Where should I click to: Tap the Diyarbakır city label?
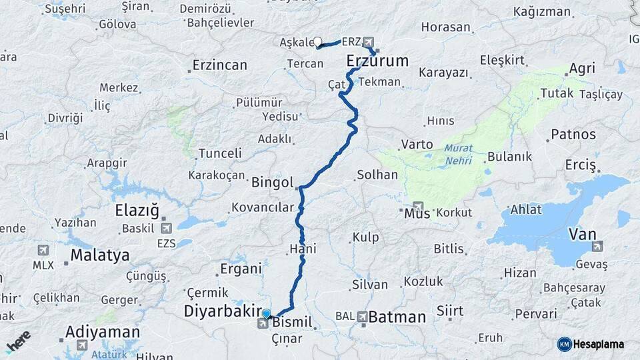point(222,311)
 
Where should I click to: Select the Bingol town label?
point(273,182)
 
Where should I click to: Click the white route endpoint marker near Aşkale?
point(318,42)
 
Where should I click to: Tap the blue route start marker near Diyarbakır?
point(267,314)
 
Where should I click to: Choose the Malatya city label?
point(100,255)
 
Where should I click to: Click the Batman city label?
point(397,317)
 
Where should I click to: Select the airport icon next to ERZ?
point(369,42)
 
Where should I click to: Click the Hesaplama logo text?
point(597,344)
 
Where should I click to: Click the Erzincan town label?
point(219,65)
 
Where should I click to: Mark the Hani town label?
point(303,249)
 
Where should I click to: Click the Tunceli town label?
point(220,153)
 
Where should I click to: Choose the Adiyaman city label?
point(103,332)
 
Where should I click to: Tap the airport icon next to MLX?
point(43,250)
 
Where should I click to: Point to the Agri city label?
point(581,69)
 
